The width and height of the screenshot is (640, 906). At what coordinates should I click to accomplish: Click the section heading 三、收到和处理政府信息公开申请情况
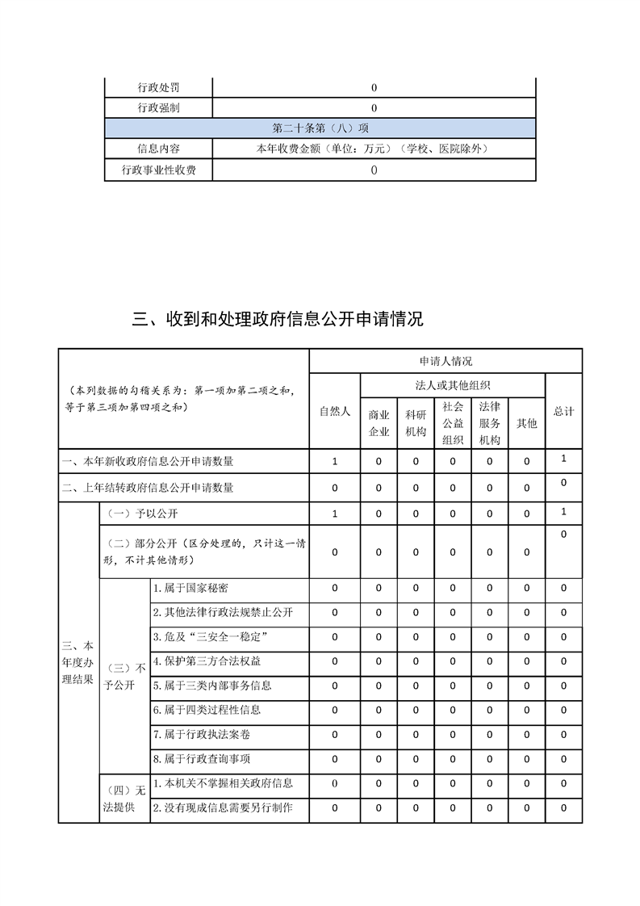pos(278,320)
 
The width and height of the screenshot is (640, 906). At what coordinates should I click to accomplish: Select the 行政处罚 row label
pos(158,88)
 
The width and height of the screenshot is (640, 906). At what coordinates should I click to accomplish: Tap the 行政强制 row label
pos(158,108)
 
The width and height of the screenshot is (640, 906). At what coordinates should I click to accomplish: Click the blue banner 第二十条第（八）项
pos(320,128)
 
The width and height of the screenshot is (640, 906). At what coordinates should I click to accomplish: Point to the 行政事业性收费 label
pos(158,170)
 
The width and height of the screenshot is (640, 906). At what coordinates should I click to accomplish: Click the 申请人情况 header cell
pos(445,361)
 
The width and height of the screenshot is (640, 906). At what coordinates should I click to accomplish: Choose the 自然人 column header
pos(335,411)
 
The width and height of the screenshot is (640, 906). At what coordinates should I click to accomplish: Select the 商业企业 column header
pos(379,423)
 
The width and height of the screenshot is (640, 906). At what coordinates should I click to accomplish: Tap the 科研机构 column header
pos(416,423)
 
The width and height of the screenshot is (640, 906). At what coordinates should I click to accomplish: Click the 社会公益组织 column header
pos(453,423)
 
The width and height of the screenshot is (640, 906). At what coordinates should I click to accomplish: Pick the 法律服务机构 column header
pos(489,423)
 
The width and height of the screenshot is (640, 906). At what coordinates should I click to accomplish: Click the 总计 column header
pos(563,411)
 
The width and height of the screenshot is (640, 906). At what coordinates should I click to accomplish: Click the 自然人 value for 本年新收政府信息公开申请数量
pos(335,462)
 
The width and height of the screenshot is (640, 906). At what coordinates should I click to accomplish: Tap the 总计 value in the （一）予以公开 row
pos(563,512)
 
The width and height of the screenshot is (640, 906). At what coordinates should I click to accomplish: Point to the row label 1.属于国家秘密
pos(190,589)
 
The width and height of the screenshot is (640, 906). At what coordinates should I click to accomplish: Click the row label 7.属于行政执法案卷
pos(201,735)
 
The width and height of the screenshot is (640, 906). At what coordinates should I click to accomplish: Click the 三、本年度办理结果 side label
pos(78,662)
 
